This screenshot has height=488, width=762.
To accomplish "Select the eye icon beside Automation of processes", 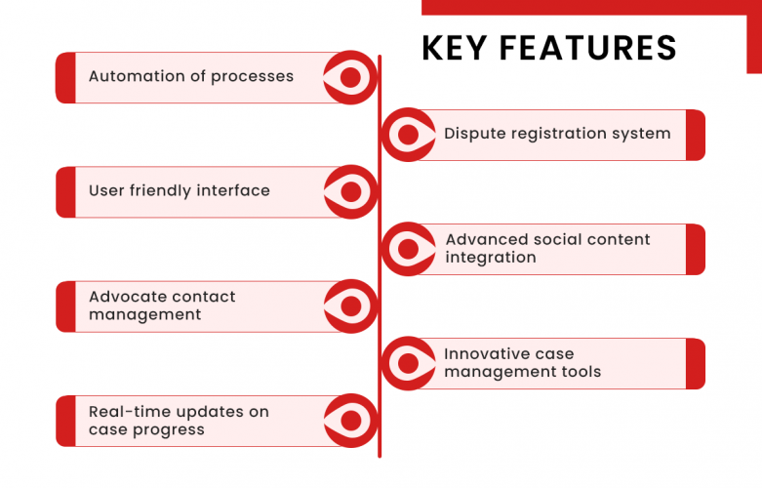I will (350, 77).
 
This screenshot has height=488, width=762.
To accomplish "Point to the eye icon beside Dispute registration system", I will (408, 135).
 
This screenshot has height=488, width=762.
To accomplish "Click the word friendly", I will (165, 190).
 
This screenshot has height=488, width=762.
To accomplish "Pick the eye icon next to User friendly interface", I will (350, 191).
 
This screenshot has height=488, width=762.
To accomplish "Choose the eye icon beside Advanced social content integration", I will (408, 249).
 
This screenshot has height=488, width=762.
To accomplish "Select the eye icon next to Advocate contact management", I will (350, 305).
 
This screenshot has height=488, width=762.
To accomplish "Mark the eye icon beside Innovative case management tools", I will (408, 363).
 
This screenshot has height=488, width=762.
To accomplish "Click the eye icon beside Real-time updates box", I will (350, 420).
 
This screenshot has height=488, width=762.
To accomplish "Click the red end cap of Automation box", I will (65, 77).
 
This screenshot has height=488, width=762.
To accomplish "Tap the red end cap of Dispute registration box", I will (695, 135).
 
